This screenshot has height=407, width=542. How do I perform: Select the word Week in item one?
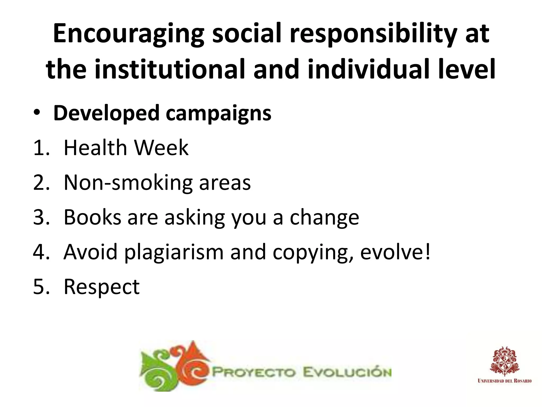[161, 148]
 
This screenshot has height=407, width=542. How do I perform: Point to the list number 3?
[40, 218]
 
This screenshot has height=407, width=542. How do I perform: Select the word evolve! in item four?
[395, 252]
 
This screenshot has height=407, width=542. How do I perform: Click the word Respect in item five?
[102, 287]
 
